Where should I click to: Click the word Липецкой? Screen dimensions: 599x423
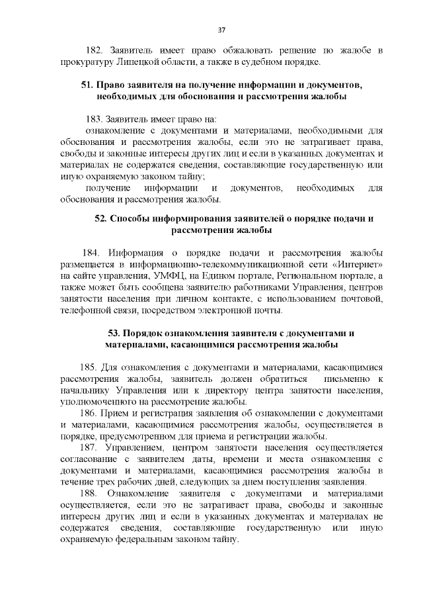click(134, 63)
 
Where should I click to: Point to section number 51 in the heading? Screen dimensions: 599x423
click(87, 86)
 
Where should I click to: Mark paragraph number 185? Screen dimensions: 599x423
click(90, 366)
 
